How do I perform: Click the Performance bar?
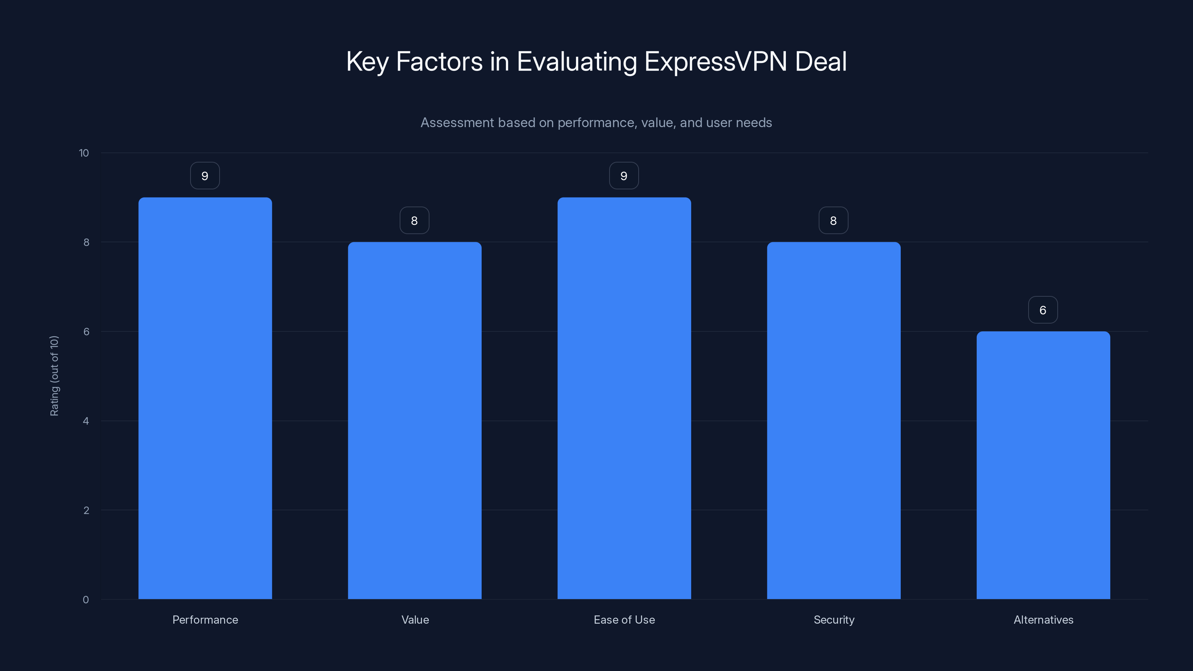click(x=205, y=398)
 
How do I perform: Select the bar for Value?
click(x=415, y=420)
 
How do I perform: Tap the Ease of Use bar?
click(x=624, y=398)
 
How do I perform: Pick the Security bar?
click(x=834, y=420)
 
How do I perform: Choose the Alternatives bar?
click(x=1043, y=465)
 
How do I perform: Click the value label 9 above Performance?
click(x=205, y=176)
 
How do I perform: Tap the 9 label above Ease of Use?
click(x=624, y=176)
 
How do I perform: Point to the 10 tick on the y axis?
click(x=84, y=153)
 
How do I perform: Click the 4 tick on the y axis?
click(x=86, y=421)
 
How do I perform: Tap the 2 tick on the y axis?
click(x=86, y=510)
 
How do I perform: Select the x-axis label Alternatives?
click(x=1044, y=620)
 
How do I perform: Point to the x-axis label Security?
click(x=834, y=620)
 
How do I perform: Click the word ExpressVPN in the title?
click(x=715, y=62)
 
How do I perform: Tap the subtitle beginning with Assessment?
click(x=596, y=123)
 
